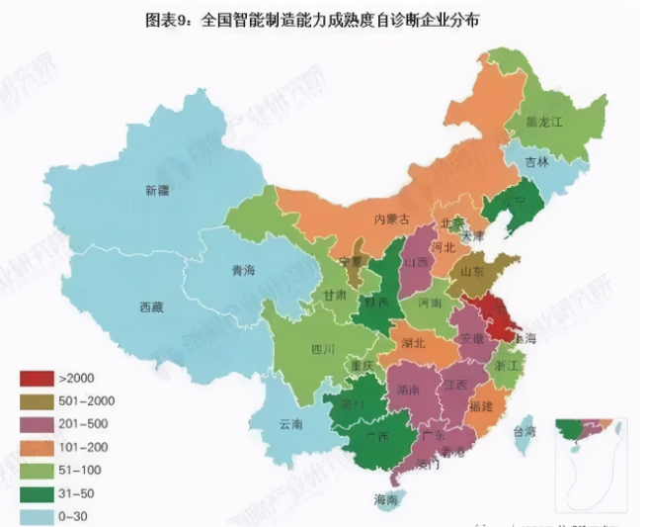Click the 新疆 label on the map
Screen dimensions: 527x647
157,190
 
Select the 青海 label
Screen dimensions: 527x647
243,270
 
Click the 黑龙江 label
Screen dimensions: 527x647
543,122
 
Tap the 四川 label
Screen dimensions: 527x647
323,349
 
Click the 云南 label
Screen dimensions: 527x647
291,424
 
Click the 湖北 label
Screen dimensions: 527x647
414,343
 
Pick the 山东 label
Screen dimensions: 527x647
473,271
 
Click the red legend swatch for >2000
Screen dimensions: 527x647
37,378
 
